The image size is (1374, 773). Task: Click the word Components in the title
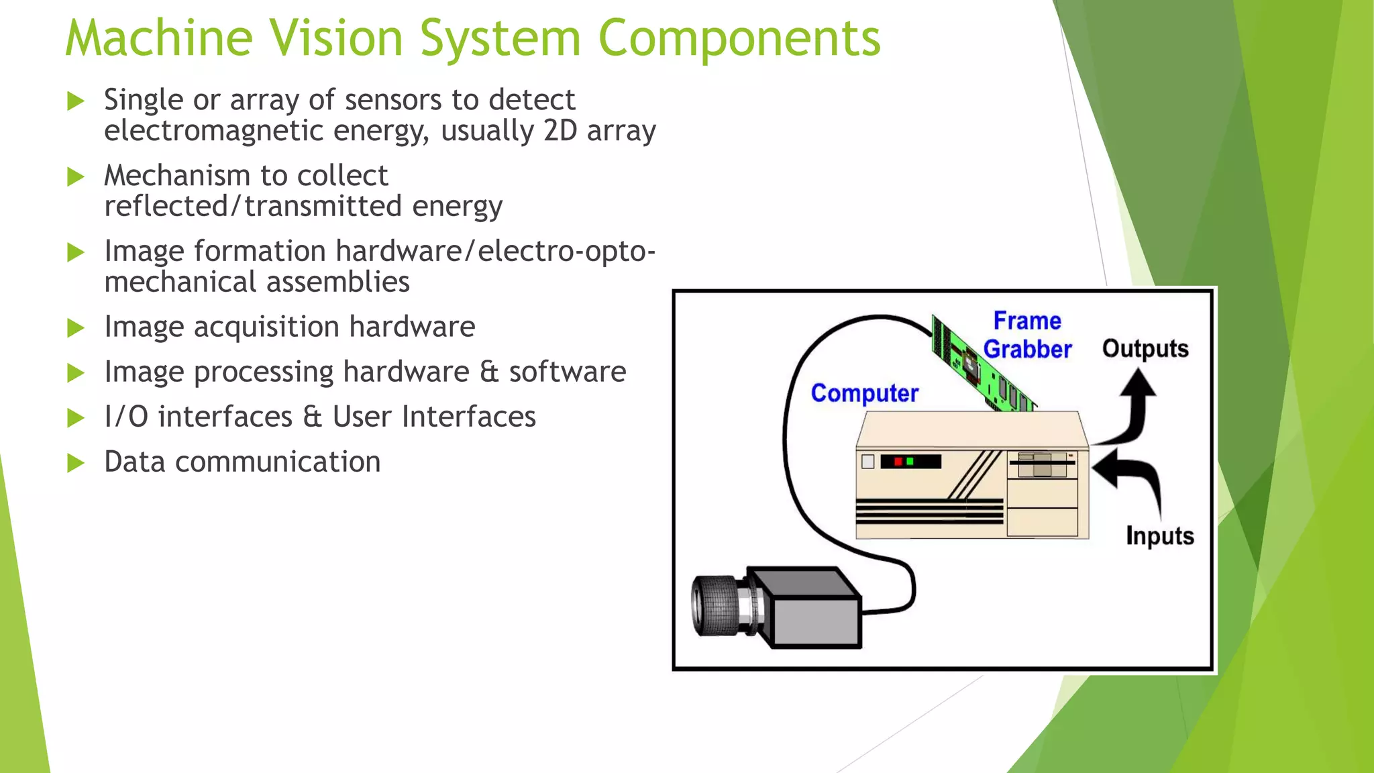tap(739, 38)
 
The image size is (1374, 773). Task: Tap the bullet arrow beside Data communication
tap(76, 463)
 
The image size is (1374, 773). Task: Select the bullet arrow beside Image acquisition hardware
tap(76, 328)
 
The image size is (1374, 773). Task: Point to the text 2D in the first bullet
tap(560, 131)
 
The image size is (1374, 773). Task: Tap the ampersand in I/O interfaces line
tap(312, 417)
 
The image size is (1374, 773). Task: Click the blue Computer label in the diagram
tap(864, 393)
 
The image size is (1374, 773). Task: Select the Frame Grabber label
tap(1027, 336)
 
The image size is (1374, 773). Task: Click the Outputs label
tap(1145, 349)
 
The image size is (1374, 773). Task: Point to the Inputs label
tap(1159, 536)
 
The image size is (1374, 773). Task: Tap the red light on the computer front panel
tap(898, 462)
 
